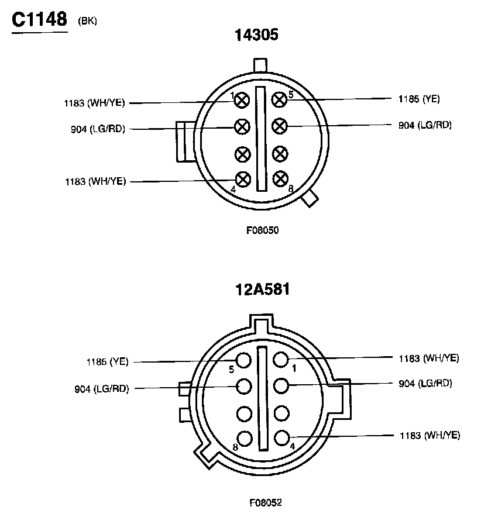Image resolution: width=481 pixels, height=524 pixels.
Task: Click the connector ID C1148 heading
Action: click(39, 19)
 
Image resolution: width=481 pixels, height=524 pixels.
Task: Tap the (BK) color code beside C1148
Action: click(87, 21)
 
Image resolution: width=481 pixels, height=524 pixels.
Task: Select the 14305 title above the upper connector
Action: click(256, 35)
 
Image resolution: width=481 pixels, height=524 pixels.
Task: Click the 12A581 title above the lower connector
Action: click(262, 289)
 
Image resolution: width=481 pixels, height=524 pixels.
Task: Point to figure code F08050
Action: click(263, 230)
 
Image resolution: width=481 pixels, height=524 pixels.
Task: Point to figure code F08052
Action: click(266, 502)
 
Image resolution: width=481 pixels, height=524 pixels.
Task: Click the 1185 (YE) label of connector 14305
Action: click(419, 99)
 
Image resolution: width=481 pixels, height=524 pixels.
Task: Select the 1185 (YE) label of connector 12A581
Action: click(107, 361)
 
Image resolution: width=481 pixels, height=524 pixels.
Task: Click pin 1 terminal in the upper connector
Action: click(242, 100)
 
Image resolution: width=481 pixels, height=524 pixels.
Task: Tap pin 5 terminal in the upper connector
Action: click(279, 99)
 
